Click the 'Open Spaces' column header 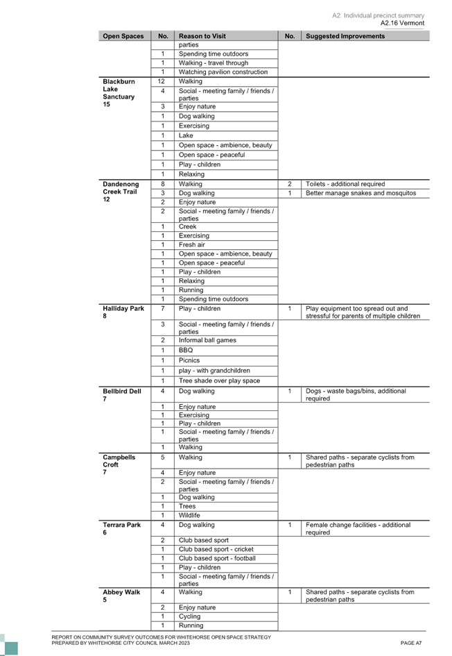(x=123, y=36)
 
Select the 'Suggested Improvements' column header (x=345, y=36)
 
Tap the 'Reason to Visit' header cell (x=202, y=36)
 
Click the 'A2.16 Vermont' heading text (x=402, y=23)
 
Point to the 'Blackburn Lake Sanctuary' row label (x=119, y=89)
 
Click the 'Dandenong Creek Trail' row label (x=121, y=188)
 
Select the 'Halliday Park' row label (x=123, y=308)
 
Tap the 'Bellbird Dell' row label (x=122, y=392)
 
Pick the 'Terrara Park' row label (x=121, y=525)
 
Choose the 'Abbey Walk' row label (x=121, y=592)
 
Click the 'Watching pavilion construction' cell (x=223, y=72)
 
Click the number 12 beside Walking (x=162, y=81)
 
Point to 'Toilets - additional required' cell (x=345, y=184)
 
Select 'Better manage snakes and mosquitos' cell (x=360, y=193)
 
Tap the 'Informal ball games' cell (x=207, y=340)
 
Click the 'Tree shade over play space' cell (x=219, y=380)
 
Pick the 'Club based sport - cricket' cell (x=216, y=549)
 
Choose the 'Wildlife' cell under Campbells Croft (x=189, y=515)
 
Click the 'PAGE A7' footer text (x=411, y=643)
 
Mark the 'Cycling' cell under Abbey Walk (x=190, y=616)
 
